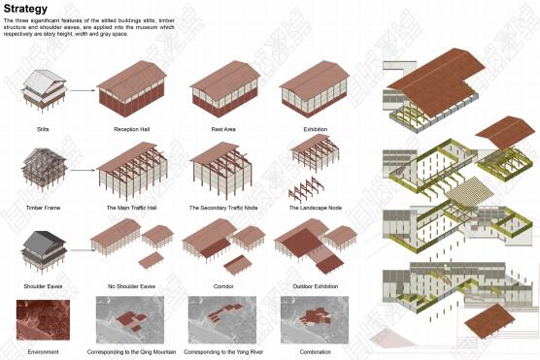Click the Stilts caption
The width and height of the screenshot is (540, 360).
42,128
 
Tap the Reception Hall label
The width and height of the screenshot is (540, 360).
132,128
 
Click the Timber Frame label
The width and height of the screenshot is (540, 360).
42,208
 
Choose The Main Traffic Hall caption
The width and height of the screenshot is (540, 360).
132,208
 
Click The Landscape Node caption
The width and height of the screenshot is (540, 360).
314,208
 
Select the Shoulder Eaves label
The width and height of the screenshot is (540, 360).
42,286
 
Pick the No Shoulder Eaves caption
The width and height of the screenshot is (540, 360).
132,286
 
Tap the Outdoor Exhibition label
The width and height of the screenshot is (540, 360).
314,286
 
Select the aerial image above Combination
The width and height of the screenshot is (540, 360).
314,320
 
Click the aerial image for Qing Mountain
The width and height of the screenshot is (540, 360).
132,320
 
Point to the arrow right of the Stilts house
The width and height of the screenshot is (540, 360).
83,90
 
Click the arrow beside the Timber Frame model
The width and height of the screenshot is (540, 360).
83,170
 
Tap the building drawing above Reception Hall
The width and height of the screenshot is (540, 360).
132,89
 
